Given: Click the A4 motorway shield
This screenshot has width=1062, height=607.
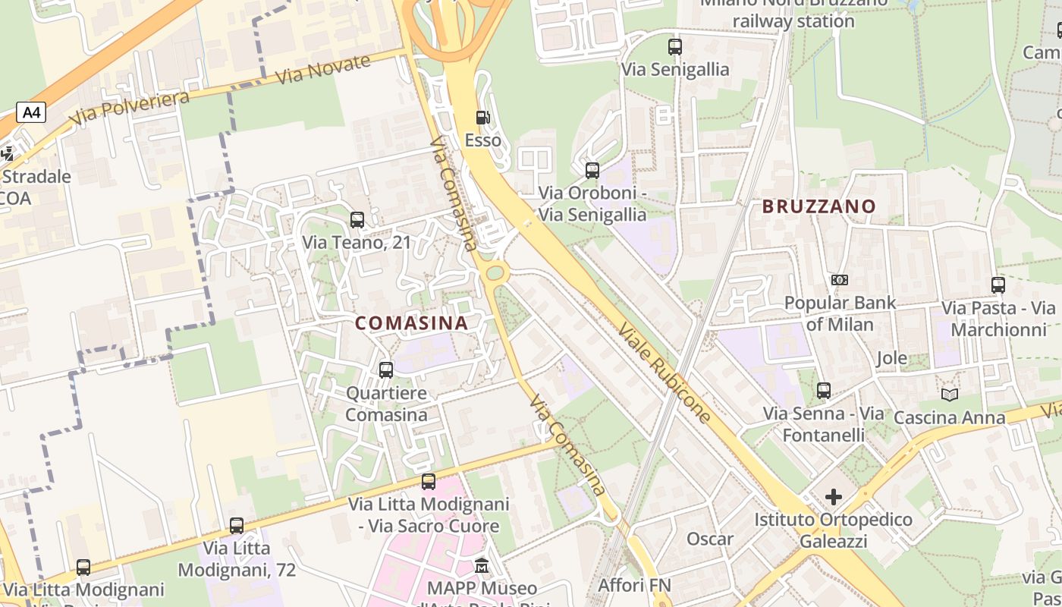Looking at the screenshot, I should click(31, 113).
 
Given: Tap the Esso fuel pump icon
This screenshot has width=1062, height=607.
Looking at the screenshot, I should click(482, 118).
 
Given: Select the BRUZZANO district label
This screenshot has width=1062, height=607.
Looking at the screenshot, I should click(818, 206).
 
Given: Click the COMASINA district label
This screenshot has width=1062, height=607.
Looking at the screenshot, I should click(411, 322).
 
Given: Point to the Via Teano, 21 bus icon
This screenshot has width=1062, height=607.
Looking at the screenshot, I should click(357, 220).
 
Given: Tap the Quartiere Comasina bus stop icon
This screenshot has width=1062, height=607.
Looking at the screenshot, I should click(386, 370).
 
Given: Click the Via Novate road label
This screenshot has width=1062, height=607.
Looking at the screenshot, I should click(323, 71).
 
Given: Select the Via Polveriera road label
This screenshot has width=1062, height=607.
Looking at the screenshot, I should click(129, 109).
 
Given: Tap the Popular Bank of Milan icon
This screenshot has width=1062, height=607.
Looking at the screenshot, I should click(840, 280).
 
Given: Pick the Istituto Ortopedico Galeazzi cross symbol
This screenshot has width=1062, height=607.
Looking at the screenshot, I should click(833, 497).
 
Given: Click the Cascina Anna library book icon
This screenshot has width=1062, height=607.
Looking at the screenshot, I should click(949, 395).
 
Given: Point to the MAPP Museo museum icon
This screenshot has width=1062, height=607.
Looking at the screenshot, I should click(482, 566).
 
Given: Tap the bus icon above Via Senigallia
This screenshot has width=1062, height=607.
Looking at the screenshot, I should click(675, 47).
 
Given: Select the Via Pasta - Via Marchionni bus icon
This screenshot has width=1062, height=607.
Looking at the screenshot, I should click(998, 285).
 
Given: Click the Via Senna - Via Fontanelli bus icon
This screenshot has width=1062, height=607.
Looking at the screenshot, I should click(824, 391).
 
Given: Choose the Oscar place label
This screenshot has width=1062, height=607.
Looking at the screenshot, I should click(710, 539).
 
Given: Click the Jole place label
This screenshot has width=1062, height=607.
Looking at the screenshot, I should click(891, 358).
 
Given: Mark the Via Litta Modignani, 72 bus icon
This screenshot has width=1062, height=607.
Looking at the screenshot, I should click(237, 525).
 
